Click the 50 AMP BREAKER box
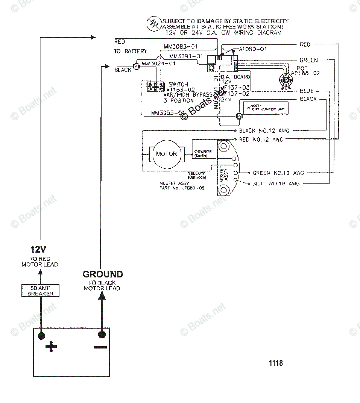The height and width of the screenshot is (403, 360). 40,291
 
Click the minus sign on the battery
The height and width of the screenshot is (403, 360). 100,347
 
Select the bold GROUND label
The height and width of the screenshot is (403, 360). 103,274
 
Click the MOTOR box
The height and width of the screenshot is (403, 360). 166,154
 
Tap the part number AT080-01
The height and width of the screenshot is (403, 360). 253,49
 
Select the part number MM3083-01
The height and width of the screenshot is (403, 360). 181,47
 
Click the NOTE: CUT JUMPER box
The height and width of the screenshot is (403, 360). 266,108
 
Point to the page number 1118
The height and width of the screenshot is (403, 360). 276,363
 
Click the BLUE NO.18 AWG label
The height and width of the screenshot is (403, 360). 276,184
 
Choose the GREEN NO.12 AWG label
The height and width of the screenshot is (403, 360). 278,173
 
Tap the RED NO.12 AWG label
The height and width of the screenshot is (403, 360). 261,139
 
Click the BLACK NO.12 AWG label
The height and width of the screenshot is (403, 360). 264,131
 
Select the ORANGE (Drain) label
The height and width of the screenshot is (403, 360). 203,153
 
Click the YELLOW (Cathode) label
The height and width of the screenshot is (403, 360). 196,175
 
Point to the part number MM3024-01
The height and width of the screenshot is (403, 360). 159,64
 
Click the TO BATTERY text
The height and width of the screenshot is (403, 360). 131,51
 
